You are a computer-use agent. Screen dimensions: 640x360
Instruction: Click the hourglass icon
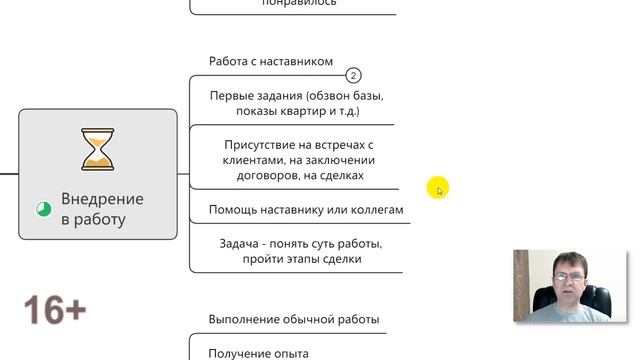97,148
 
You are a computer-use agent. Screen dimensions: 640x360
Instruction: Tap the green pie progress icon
44,209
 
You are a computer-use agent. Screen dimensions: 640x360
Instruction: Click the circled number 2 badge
353,75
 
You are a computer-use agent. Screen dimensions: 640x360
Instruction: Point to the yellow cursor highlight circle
437,187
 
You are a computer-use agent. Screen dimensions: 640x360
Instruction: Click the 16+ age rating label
54,310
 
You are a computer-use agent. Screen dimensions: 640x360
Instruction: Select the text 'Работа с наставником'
271,61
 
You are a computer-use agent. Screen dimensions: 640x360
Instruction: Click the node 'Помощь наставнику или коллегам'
306,210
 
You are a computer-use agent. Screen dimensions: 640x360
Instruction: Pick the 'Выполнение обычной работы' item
294,319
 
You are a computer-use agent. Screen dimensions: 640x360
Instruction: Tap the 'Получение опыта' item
259,353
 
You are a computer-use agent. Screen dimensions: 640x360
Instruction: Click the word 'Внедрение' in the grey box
102,199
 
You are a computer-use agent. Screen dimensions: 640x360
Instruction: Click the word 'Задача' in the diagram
241,243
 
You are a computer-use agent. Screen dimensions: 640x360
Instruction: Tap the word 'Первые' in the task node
232,95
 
